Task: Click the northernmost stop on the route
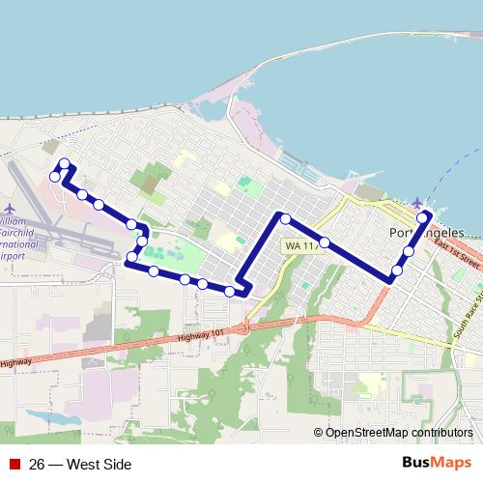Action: [x=64, y=163]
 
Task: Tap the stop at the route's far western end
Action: [x=55, y=177]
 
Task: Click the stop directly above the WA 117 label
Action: [x=286, y=218]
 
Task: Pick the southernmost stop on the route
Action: [x=230, y=290]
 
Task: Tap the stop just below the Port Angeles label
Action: [x=409, y=251]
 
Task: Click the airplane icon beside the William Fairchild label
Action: [x=10, y=208]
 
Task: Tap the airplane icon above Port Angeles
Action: [x=417, y=202]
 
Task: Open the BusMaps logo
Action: [x=437, y=463]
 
